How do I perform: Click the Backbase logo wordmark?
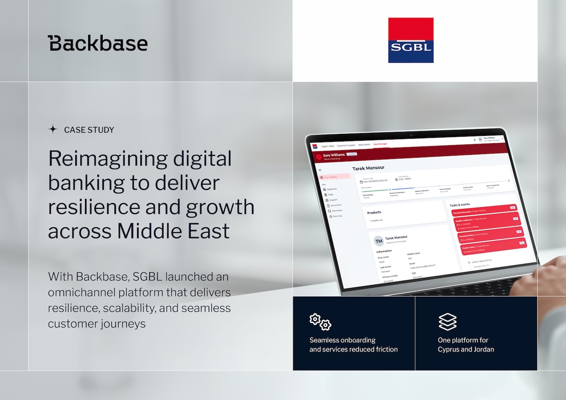pos(98,43)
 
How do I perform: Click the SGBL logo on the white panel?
pos(411,40)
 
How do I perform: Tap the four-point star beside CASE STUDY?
pos(53,129)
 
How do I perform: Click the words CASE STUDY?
pos(89,130)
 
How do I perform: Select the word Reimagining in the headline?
pos(108,159)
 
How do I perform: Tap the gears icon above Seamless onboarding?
pos(320,322)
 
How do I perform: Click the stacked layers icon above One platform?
pos(448,322)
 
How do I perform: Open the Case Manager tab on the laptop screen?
pos(380,144)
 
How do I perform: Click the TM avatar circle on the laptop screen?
pos(379,241)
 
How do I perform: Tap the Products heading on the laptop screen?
pos(374,212)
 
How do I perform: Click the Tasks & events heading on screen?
pos(460,205)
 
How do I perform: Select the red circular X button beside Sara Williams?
pos(319,157)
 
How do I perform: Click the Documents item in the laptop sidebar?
pos(336,205)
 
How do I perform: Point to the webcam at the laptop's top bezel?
pos(411,135)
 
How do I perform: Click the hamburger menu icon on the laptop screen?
pos(320,170)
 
